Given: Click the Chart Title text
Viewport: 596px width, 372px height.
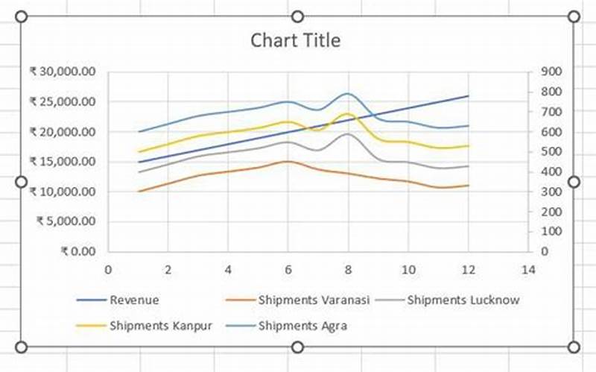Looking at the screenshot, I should pyautogui.click(x=296, y=40).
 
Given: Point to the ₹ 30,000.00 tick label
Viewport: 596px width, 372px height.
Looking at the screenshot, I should pyautogui.click(x=63, y=72).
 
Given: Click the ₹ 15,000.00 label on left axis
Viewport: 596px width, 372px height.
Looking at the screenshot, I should pyautogui.click(x=63, y=161).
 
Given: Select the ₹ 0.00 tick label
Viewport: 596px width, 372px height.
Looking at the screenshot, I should pyautogui.click(x=78, y=251).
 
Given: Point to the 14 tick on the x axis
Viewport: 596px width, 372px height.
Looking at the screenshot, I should pyautogui.click(x=527, y=269).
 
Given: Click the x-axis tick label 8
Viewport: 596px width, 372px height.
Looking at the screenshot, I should pyautogui.click(x=348, y=269).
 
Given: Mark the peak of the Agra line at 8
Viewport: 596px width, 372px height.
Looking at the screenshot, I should pyautogui.click(x=347, y=94).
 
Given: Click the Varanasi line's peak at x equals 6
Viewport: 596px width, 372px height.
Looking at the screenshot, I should pyautogui.click(x=288, y=161).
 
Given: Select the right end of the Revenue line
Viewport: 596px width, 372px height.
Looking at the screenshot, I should pyautogui.click(x=468, y=96).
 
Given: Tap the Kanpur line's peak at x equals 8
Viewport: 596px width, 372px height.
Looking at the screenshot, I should pyautogui.click(x=347, y=114).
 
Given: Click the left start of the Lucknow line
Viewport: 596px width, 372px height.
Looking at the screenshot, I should pyautogui.click(x=139, y=172).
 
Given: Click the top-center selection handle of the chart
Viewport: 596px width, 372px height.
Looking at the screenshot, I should pyautogui.click(x=297, y=16).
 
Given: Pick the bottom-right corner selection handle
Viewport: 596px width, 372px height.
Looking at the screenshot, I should pyautogui.click(x=574, y=347).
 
